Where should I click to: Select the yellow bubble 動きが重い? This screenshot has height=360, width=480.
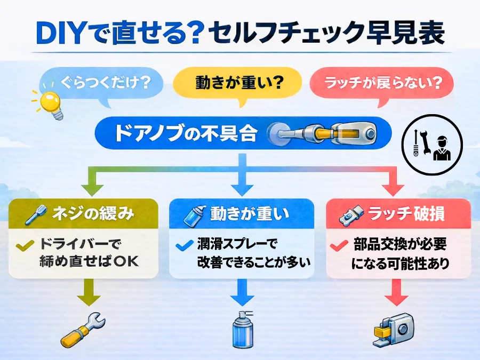pos(236,83)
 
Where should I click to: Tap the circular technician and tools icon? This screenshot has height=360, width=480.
pos(432,143)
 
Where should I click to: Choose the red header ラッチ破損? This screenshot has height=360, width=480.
pos(397,214)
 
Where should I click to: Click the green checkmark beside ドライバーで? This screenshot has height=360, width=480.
pos(23,246)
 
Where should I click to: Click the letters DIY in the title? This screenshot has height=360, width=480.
pos(61,33)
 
